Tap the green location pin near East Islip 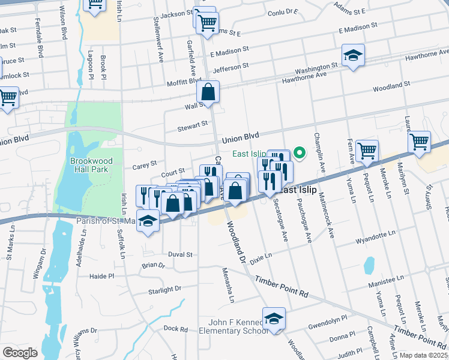(302, 152)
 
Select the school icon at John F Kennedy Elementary (274, 318)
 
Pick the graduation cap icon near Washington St (353, 55)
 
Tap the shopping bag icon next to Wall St (208, 92)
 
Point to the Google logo (20, 352)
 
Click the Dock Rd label (175, 328)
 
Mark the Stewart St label (192, 127)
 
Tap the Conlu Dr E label (283, 11)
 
